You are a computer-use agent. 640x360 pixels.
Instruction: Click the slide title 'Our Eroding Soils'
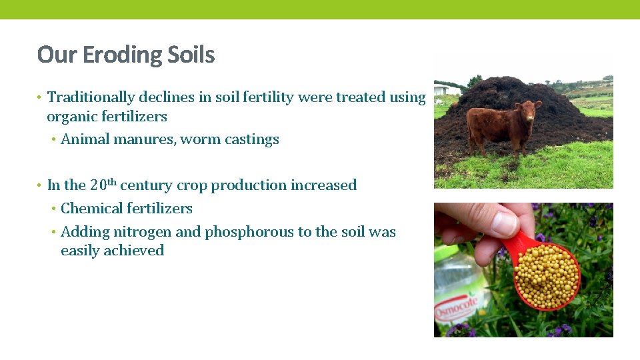[126, 55]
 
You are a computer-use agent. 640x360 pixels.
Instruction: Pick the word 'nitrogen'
[143, 233]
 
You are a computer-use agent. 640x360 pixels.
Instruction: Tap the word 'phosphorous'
[249, 233]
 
